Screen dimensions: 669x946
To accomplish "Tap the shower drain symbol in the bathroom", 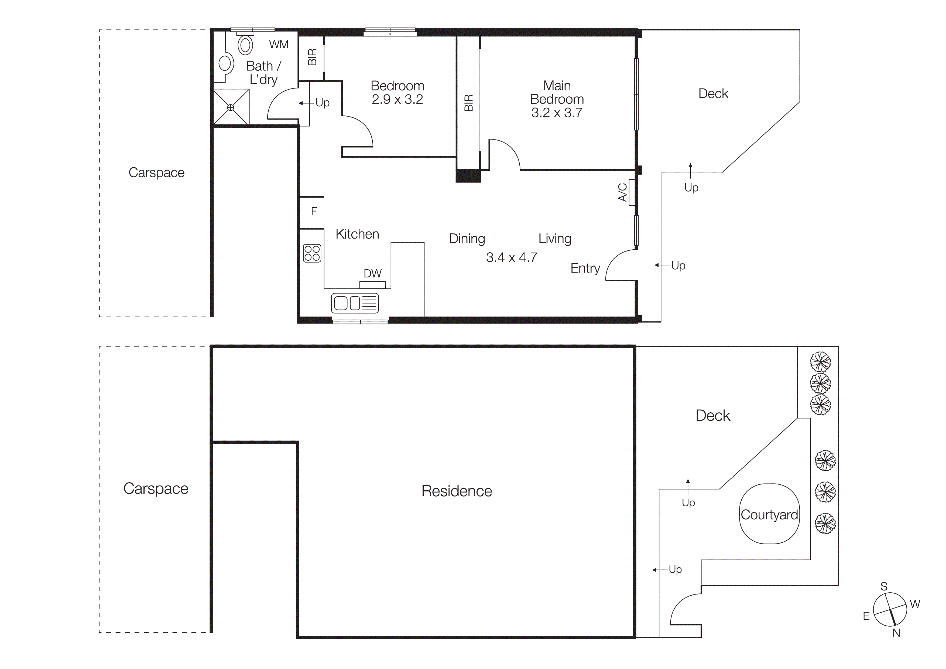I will pyautogui.click(x=231, y=107).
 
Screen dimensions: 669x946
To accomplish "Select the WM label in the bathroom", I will pyautogui.click(x=279, y=45).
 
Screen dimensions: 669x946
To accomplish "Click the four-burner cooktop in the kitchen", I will pyautogui.click(x=312, y=253).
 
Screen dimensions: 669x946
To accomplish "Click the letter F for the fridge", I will pyautogui.click(x=314, y=212).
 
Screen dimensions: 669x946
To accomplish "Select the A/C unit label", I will pyautogui.click(x=623, y=192).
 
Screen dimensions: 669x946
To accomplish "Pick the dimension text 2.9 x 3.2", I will pyautogui.click(x=397, y=99).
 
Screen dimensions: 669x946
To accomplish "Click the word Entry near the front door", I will pyautogui.click(x=585, y=268).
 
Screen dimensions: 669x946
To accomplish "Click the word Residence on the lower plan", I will pyautogui.click(x=457, y=491).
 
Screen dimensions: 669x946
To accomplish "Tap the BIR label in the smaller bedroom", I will pyautogui.click(x=312, y=57).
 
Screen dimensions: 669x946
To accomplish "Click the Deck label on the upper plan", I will pyautogui.click(x=713, y=94).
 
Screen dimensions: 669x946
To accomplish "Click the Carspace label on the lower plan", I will pyautogui.click(x=156, y=488).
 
